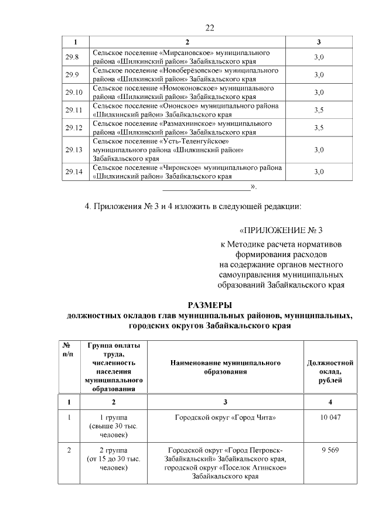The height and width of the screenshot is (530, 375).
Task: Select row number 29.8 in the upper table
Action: point(72,57)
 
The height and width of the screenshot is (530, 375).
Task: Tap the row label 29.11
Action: point(73,110)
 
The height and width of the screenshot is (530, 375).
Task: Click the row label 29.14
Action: point(73,171)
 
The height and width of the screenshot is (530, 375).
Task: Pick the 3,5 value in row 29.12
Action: point(319,128)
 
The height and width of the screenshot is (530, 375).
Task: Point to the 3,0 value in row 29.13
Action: point(319,150)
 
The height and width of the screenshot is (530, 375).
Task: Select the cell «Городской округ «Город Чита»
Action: point(226,418)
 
